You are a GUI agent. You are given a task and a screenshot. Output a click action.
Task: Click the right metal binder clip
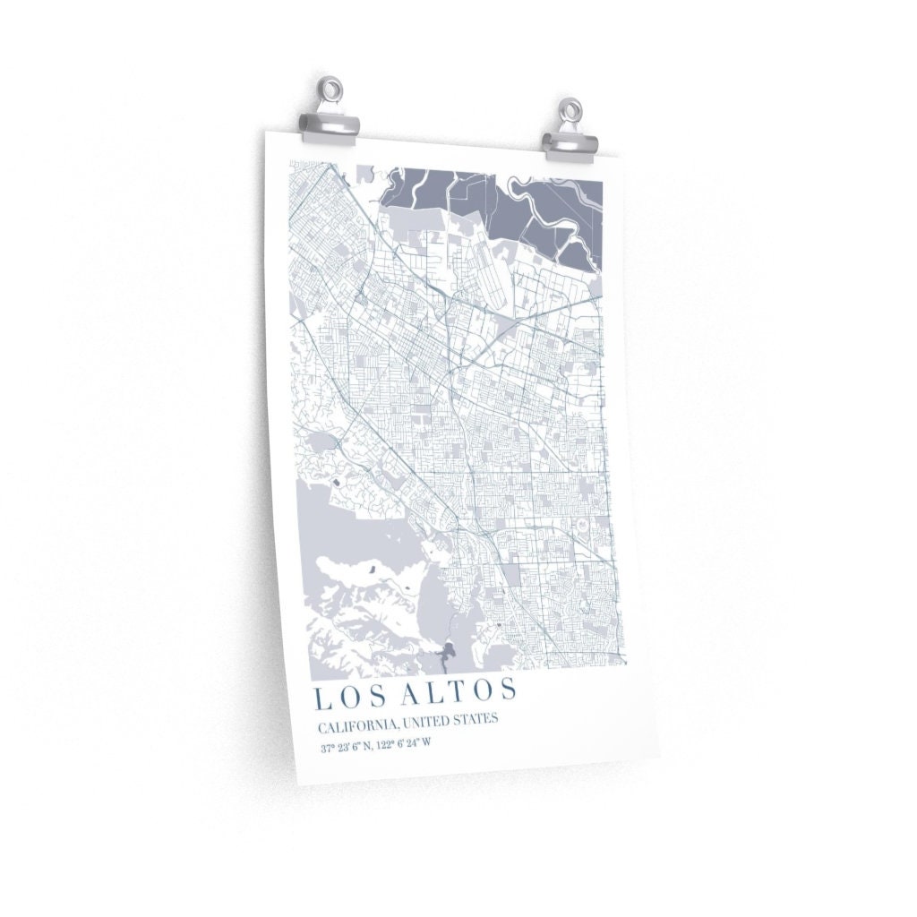tap(570, 141)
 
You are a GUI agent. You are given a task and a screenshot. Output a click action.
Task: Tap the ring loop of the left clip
tap(332, 90)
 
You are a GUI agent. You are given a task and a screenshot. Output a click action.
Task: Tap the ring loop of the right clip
tap(570, 112)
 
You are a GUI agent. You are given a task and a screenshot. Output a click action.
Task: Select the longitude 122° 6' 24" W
tap(402, 744)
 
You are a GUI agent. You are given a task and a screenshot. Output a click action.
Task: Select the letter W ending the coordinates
tap(427, 743)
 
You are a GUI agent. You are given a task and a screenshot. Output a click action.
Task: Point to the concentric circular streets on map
tap(580, 522)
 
